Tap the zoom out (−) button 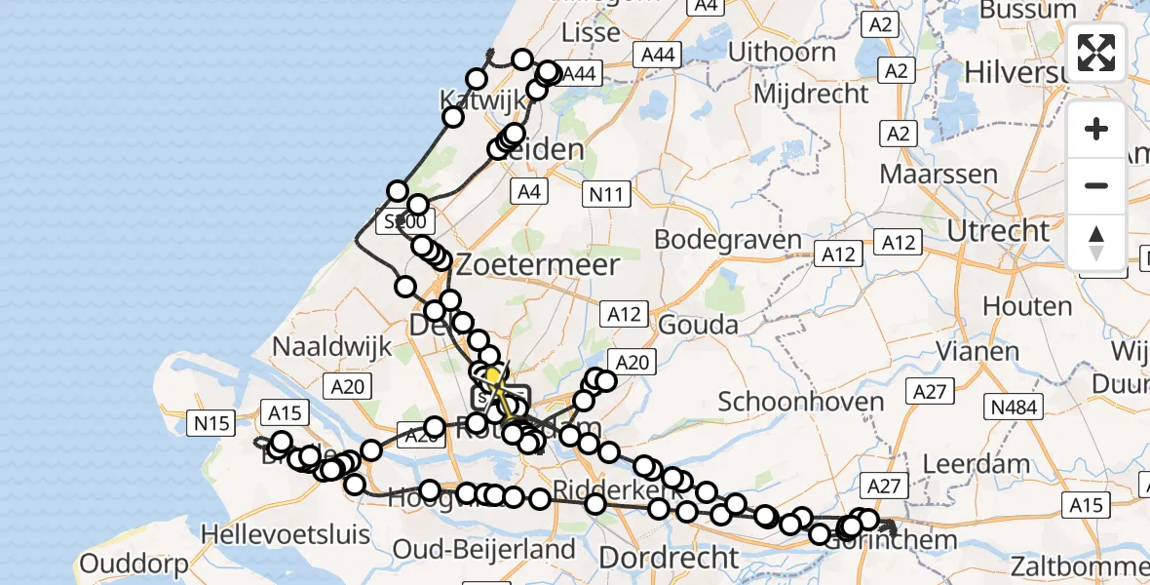tap(1096, 185)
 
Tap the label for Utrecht tap(999, 231)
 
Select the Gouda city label tap(699, 325)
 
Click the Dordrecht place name tap(669, 558)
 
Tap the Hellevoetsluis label tap(286, 534)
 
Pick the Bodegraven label tap(728, 240)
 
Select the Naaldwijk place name tap(331, 346)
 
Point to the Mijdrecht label tap(811, 94)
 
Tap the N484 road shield tap(1015, 408)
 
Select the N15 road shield tap(211, 422)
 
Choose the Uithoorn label tap(782, 52)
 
